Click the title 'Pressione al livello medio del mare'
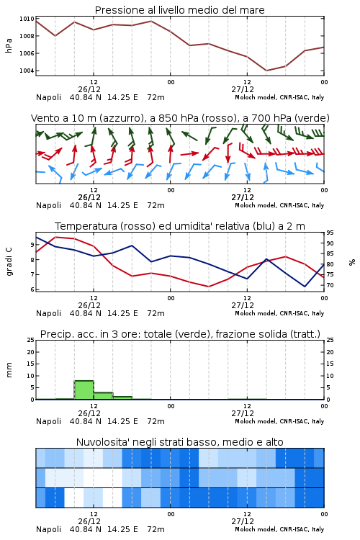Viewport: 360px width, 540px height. point(179,10)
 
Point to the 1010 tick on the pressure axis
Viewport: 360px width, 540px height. point(27,19)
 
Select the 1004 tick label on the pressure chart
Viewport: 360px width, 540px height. point(27,71)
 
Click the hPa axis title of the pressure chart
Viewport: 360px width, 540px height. point(9,45)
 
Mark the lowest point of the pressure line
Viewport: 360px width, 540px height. point(266,71)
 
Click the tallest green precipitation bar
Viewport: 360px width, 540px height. point(84,390)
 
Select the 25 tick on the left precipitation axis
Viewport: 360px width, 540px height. point(31,341)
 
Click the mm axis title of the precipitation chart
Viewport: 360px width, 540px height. point(9,370)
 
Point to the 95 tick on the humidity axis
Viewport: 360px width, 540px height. point(330,233)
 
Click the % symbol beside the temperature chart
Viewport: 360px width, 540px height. point(352,262)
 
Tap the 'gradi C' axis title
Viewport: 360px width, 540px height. point(9,261)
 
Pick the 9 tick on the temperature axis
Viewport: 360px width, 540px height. point(32,245)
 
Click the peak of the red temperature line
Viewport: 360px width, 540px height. point(55,238)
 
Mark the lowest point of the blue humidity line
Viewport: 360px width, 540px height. point(305,287)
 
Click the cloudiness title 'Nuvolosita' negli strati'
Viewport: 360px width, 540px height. point(137,442)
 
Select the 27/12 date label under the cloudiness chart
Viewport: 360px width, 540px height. point(243,521)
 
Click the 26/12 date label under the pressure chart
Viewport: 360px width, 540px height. point(89,89)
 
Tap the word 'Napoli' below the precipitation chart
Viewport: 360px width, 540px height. point(48,421)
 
